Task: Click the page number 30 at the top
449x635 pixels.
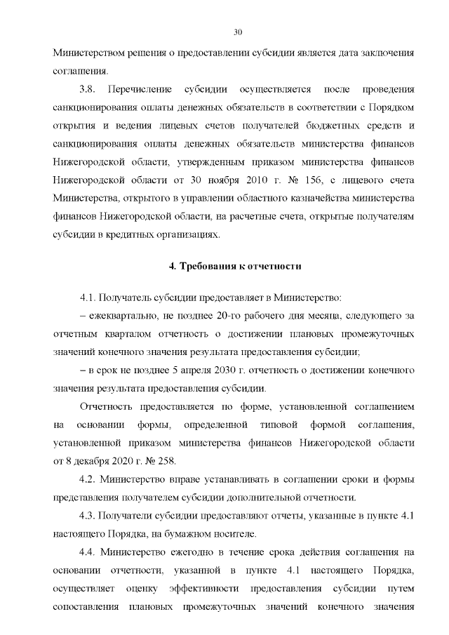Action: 237,32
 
